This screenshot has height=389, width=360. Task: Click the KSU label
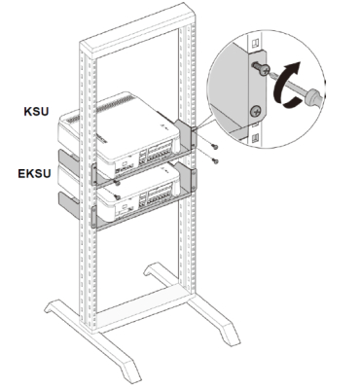click(x=36, y=111)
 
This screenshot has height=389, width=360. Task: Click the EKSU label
click(x=34, y=173)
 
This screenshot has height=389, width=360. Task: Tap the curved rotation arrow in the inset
click(x=285, y=85)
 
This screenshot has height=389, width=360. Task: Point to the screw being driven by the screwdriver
click(x=262, y=68)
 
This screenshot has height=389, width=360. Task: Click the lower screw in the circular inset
click(x=255, y=112)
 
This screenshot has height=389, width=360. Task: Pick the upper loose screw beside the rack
click(x=214, y=147)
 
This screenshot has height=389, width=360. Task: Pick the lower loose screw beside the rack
click(x=214, y=159)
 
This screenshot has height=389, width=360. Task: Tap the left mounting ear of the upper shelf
click(x=93, y=174)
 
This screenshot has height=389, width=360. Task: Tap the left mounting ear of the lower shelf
click(x=93, y=217)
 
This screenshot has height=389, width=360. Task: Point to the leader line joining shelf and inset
click(x=202, y=124)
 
